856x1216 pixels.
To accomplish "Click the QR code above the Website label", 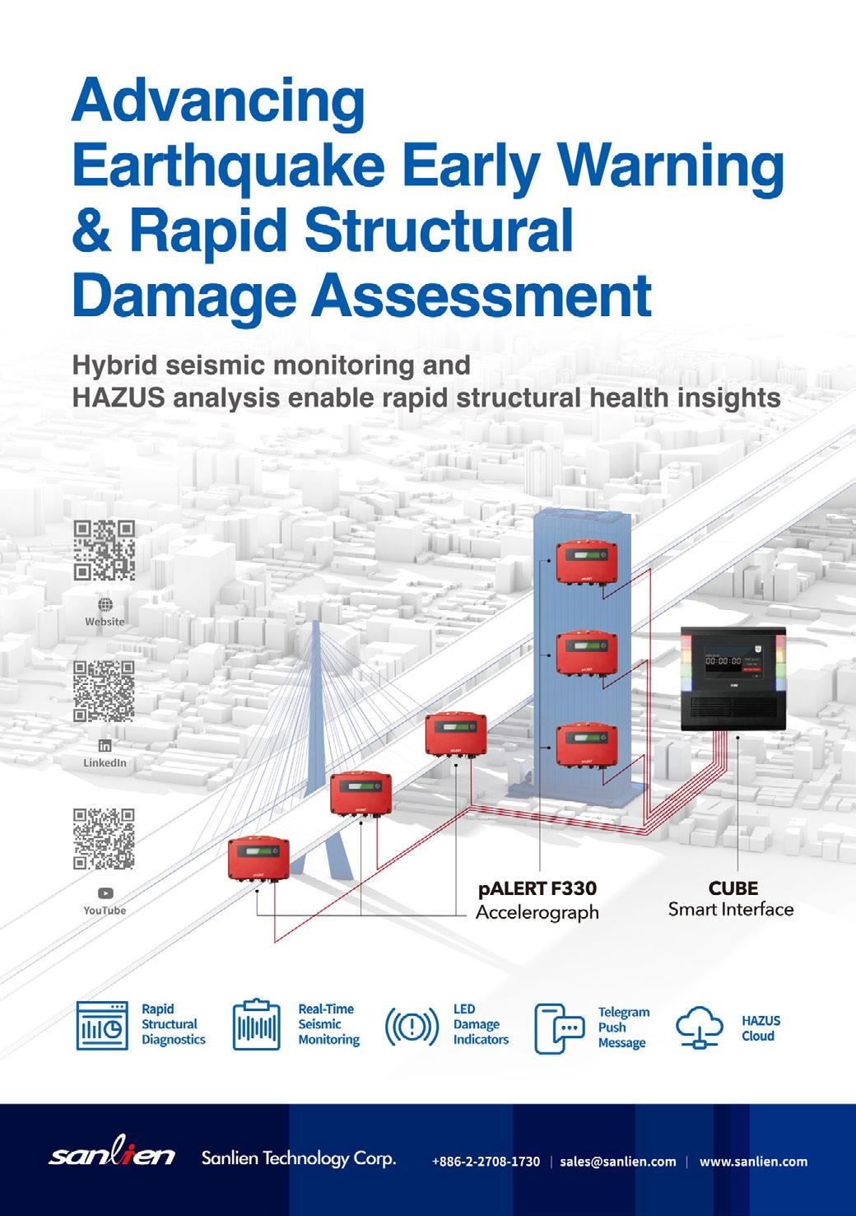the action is tap(104, 551).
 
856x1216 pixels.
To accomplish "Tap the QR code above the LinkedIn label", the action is tap(104, 692).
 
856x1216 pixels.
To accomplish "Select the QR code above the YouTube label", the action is tap(104, 839).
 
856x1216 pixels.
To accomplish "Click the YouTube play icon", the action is tap(105, 893).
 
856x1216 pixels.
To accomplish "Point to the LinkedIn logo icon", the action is tap(105, 746).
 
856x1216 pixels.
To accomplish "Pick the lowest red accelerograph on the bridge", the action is tap(258, 858).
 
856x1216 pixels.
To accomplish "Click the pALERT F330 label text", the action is tap(537, 889).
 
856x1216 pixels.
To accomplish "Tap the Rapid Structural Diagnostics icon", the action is tap(102, 1025).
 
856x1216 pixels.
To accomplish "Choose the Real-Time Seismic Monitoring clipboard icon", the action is tap(257, 1025).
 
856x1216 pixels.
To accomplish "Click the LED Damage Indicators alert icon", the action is tap(412, 1026).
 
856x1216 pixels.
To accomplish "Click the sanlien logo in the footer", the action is tap(113, 1157).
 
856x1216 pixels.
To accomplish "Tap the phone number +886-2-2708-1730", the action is tap(486, 1162).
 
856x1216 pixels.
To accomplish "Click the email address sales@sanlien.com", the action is tap(617, 1162).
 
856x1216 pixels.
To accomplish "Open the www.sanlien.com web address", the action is tap(753, 1162).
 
